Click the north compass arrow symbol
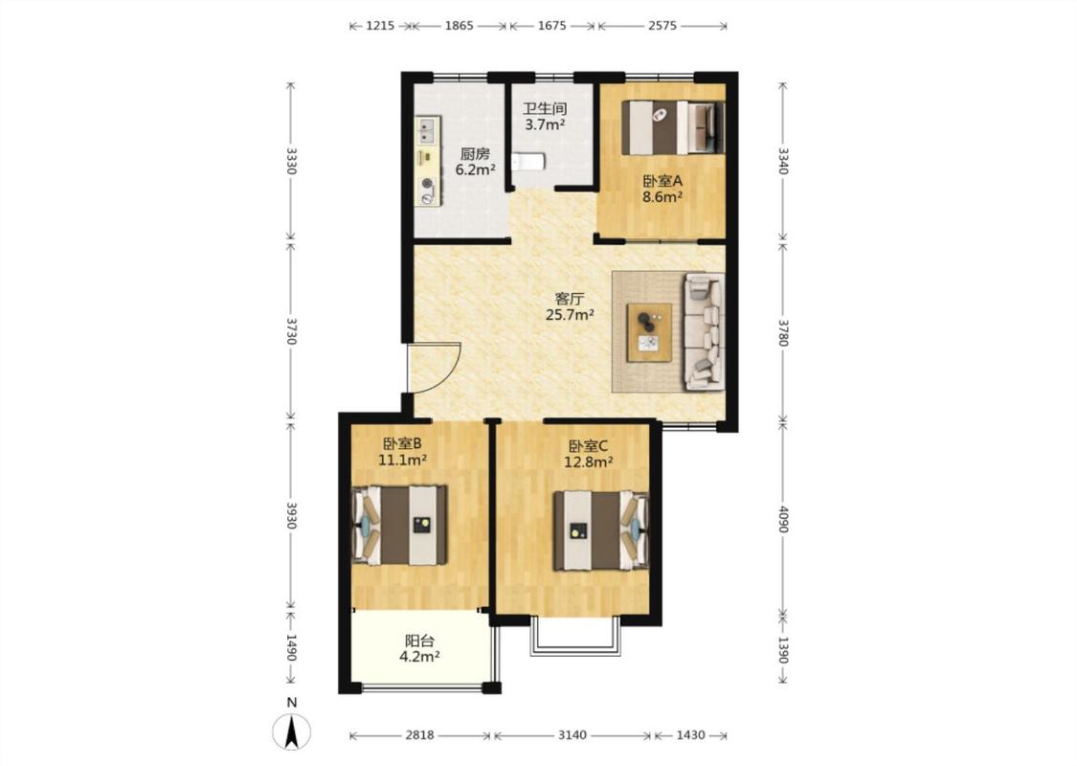click(x=292, y=731)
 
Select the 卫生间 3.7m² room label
click(x=545, y=117)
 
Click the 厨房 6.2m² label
click(x=475, y=162)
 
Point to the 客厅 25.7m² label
click(x=570, y=307)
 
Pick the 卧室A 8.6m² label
click(x=662, y=190)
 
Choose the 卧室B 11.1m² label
click(x=403, y=452)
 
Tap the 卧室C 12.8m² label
click(x=589, y=454)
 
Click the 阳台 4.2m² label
click(x=419, y=648)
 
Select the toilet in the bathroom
click(x=528, y=162)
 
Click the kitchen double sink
click(x=427, y=130)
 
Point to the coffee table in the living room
click(x=649, y=332)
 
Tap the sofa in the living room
click(x=704, y=331)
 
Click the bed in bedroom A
click(x=673, y=127)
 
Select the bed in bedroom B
click(x=400, y=526)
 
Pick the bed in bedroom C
click(x=601, y=530)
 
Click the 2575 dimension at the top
click(x=662, y=26)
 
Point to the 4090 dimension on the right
click(x=783, y=516)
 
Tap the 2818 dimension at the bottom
click(x=419, y=735)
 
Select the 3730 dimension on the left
click(x=291, y=331)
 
